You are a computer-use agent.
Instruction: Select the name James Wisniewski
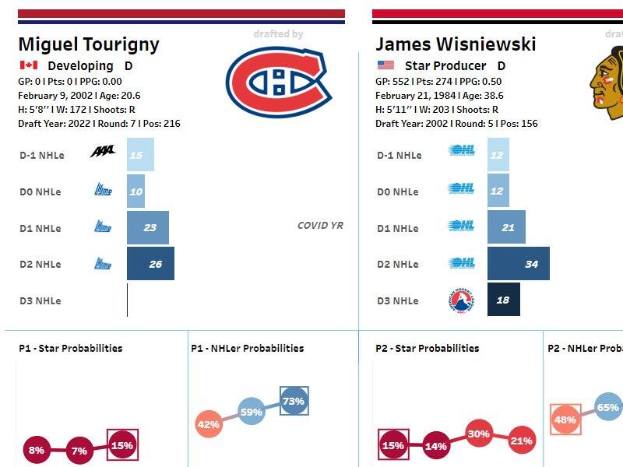click(456, 44)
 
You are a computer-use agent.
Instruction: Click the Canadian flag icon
click(29, 65)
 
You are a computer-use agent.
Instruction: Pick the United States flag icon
click(385, 65)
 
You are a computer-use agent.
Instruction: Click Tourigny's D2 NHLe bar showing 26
click(150, 264)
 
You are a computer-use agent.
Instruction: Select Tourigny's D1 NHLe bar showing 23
click(148, 227)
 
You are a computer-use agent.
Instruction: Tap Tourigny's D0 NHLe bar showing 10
click(136, 191)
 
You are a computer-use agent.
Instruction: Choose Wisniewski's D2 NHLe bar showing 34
click(518, 264)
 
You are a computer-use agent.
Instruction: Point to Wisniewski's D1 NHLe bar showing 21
click(506, 227)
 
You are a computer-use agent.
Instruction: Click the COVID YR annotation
click(320, 226)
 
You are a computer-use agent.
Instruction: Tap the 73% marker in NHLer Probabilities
click(294, 401)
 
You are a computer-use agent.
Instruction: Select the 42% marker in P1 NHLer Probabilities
click(208, 424)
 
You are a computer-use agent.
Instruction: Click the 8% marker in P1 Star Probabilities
click(37, 449)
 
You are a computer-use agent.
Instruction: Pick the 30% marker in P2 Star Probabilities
click(479, 434)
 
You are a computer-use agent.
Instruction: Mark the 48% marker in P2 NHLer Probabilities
click(565, 420)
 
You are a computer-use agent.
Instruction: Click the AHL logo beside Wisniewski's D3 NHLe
click(462, 300)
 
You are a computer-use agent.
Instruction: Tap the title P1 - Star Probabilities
click(70, 348)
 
